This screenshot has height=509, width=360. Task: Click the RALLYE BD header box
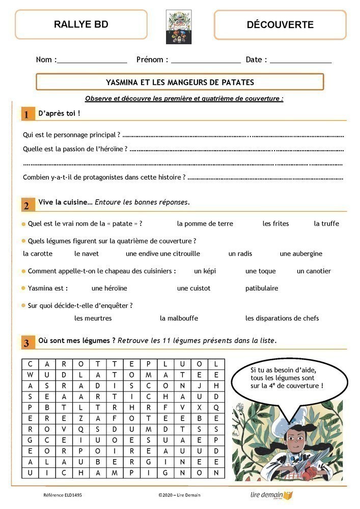tap(81, 24)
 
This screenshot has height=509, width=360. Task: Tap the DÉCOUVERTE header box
tap(280, 24)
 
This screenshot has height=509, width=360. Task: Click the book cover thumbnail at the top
tap(179, 26)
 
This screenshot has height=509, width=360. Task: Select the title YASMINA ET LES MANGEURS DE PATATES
tap(180, 82)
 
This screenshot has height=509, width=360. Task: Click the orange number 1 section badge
tap(26, 114)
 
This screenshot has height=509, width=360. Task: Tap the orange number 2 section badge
tap(26, 204)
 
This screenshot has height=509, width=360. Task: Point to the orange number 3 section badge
tap(26, 342)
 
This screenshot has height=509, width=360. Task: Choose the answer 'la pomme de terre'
tap(205, 223)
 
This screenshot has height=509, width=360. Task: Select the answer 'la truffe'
tap(326, 223)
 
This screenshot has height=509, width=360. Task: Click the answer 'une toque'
tap(260, 271)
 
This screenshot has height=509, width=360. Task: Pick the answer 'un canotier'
tap(314, 271)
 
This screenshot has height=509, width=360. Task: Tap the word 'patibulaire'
tap(262, 288)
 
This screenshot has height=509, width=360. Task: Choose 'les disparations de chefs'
tap(282, 319)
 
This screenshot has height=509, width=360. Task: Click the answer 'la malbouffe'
tap(179, 319)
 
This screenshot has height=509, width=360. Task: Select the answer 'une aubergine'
tap(300, 253)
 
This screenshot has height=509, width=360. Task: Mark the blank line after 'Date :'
tap(300, 62)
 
